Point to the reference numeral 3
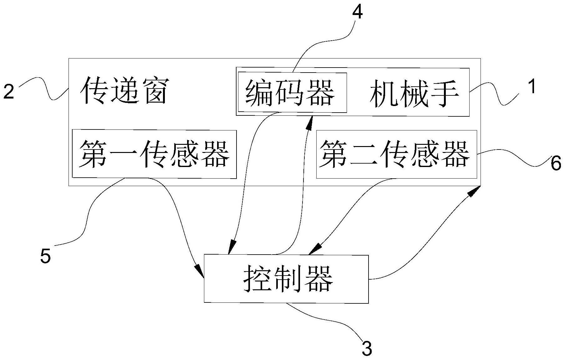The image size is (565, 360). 367,348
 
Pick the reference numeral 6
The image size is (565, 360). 556,164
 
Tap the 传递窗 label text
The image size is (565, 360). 124,91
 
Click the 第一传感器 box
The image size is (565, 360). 154,154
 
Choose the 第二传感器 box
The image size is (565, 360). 396,154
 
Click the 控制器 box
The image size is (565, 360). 286,279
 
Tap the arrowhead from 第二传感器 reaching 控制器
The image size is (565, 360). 314,250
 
